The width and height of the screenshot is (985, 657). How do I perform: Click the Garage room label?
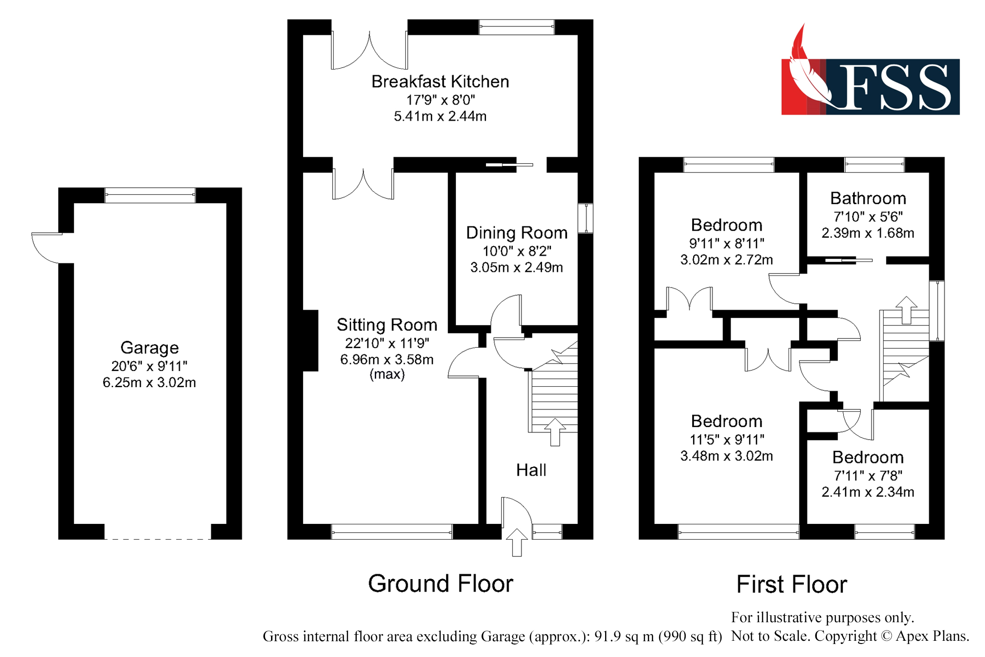149,348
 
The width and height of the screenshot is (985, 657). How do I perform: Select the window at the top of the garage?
150,195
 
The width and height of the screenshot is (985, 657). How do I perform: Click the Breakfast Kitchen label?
440,82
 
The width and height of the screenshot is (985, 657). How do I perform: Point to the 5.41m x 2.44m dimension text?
440,116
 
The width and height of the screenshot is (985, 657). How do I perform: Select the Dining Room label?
516,233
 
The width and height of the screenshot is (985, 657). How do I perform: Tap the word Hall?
531,470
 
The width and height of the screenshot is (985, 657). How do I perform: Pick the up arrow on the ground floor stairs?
555,432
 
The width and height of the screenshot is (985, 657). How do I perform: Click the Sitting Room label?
386,325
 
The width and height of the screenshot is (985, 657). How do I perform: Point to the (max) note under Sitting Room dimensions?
386,374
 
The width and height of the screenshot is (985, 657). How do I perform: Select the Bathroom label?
867,198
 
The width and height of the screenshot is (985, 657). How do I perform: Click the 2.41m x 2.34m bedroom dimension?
867,492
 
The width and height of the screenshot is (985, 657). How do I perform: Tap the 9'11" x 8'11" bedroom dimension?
726,243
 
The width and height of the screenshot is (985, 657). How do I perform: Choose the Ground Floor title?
440,584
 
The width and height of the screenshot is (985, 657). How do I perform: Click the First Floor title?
791,584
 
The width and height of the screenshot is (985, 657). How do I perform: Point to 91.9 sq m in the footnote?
622,636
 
